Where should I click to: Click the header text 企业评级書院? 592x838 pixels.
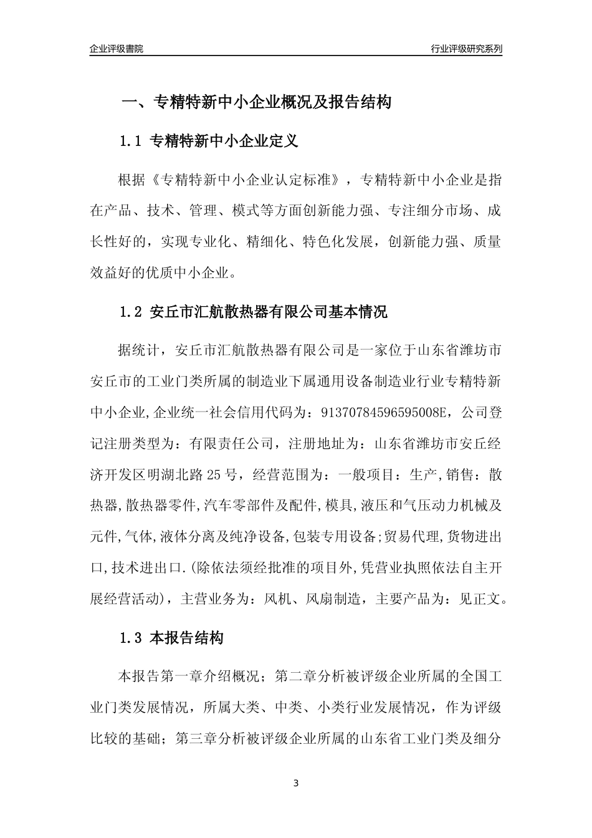[x=116, y=49]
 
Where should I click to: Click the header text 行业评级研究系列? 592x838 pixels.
[x=466, y=49]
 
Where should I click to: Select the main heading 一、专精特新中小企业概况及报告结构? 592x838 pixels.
[x=255, y=102]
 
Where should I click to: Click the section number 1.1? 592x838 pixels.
[x=131, y=142]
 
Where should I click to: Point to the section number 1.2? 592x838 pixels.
[x=131, y=312]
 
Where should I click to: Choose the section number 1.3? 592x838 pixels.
[x=131, y=638]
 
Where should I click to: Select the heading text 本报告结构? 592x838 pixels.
[x=187, y=638]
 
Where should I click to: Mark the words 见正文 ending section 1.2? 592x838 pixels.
[x=479, y=600]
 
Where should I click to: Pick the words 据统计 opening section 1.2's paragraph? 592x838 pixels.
[x=139, y=349]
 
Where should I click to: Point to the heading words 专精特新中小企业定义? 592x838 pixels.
[x=224, y=142]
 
